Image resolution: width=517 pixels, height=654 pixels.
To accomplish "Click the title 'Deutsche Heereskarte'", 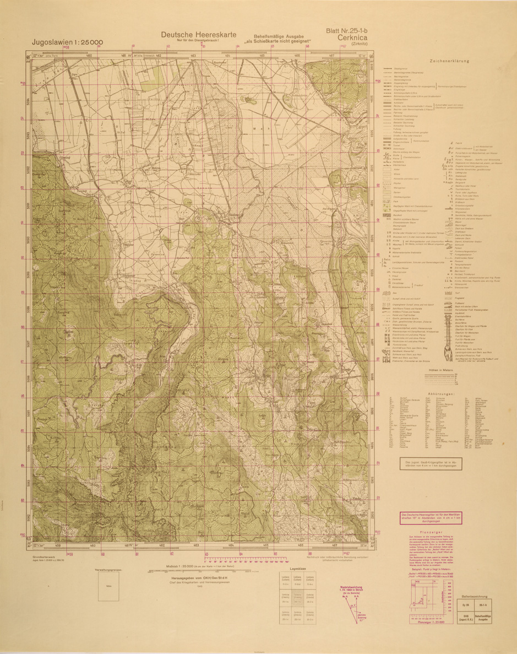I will tap(198, 34).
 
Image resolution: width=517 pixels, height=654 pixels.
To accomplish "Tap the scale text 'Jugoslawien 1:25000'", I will tap(61, 43).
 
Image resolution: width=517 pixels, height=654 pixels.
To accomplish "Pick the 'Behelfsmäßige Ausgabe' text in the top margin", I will tap(278, 35).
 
